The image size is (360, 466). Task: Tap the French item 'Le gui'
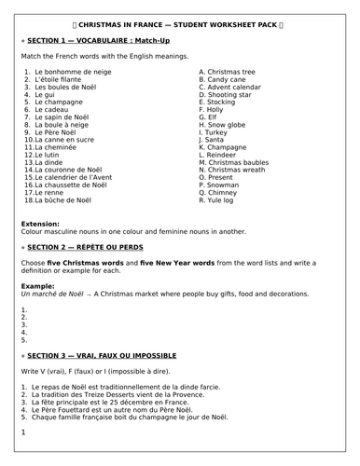47,94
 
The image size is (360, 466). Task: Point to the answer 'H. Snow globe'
225,124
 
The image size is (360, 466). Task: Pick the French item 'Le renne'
52,191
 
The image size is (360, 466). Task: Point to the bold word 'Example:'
37,285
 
